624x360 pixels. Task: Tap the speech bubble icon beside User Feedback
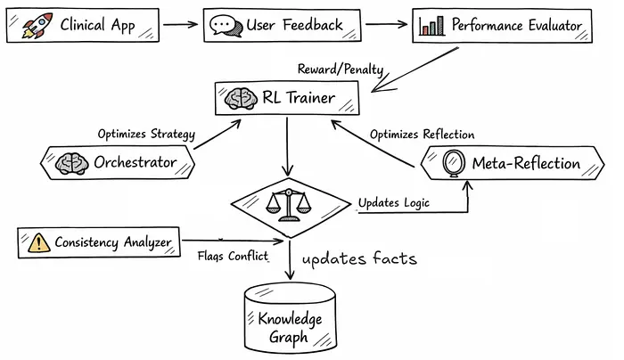(x=226, y=25)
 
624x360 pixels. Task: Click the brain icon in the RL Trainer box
(x=239, y=97)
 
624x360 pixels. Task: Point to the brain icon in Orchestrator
(x=71, y=162)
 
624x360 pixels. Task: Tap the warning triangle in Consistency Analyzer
(x=37, y=241)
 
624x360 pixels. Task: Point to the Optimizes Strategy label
(x=145, y=134)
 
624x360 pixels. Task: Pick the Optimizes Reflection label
(x=422, y=135)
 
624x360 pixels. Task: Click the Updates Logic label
(x=393, y=202)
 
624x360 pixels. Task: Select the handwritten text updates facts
(x=359, y=259)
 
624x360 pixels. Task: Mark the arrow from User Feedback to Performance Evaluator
(x=387, y=24)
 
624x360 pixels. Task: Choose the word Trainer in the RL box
(x=306, y=97)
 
